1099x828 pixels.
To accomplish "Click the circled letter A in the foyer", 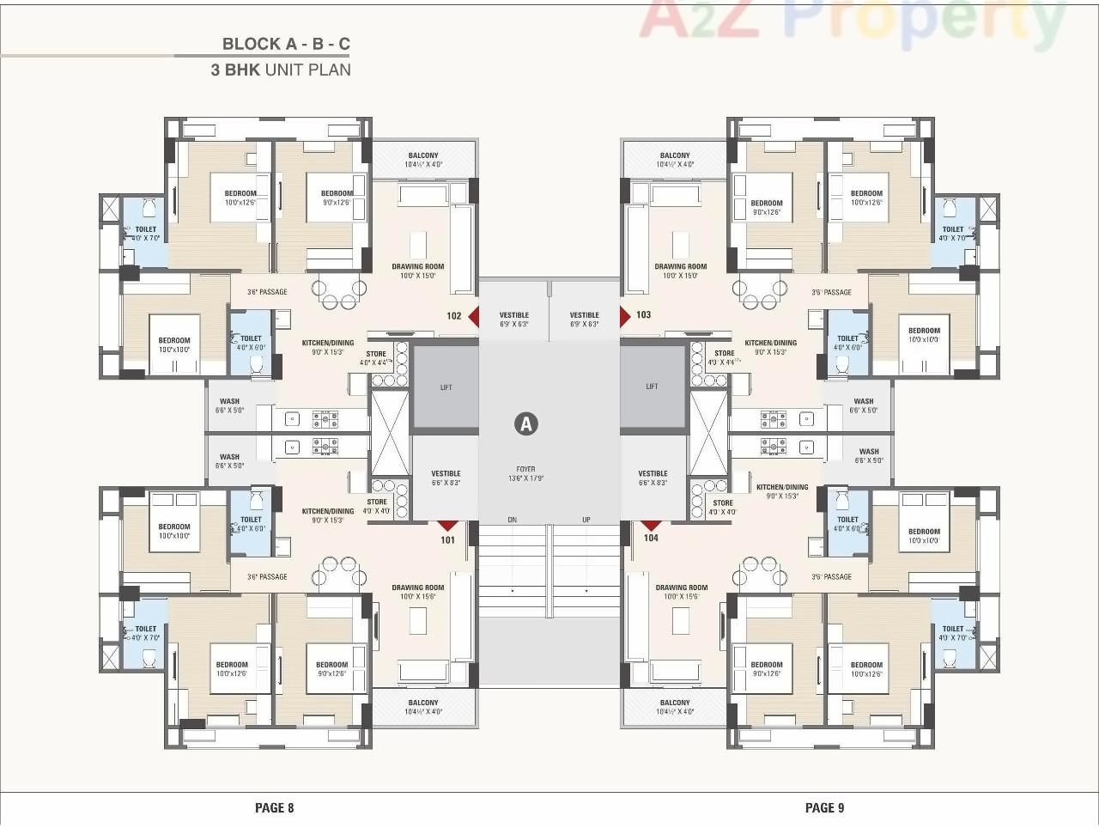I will coord(525,423).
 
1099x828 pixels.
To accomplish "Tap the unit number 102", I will coord(454,316).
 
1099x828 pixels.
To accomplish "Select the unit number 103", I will coord(643,315).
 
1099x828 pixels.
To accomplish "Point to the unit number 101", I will coord(447,540).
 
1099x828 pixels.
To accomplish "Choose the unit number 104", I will coord(651,539).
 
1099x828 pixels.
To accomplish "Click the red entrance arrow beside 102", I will coord(473,316).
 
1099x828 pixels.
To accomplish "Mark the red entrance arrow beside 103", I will coord(625,315).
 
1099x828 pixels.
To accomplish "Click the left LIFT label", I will coord(446,387).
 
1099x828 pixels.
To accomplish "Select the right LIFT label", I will coord(652,387).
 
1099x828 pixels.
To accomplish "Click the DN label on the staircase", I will coord(512,520).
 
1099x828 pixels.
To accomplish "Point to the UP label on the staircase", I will coord(586,520).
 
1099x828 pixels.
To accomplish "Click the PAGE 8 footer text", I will coord(274,807).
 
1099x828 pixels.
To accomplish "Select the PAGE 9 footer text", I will coord(824,807).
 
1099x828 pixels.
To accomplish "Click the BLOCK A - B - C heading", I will coord(286,44).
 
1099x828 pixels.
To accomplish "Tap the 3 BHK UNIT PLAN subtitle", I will coord(281,70).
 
